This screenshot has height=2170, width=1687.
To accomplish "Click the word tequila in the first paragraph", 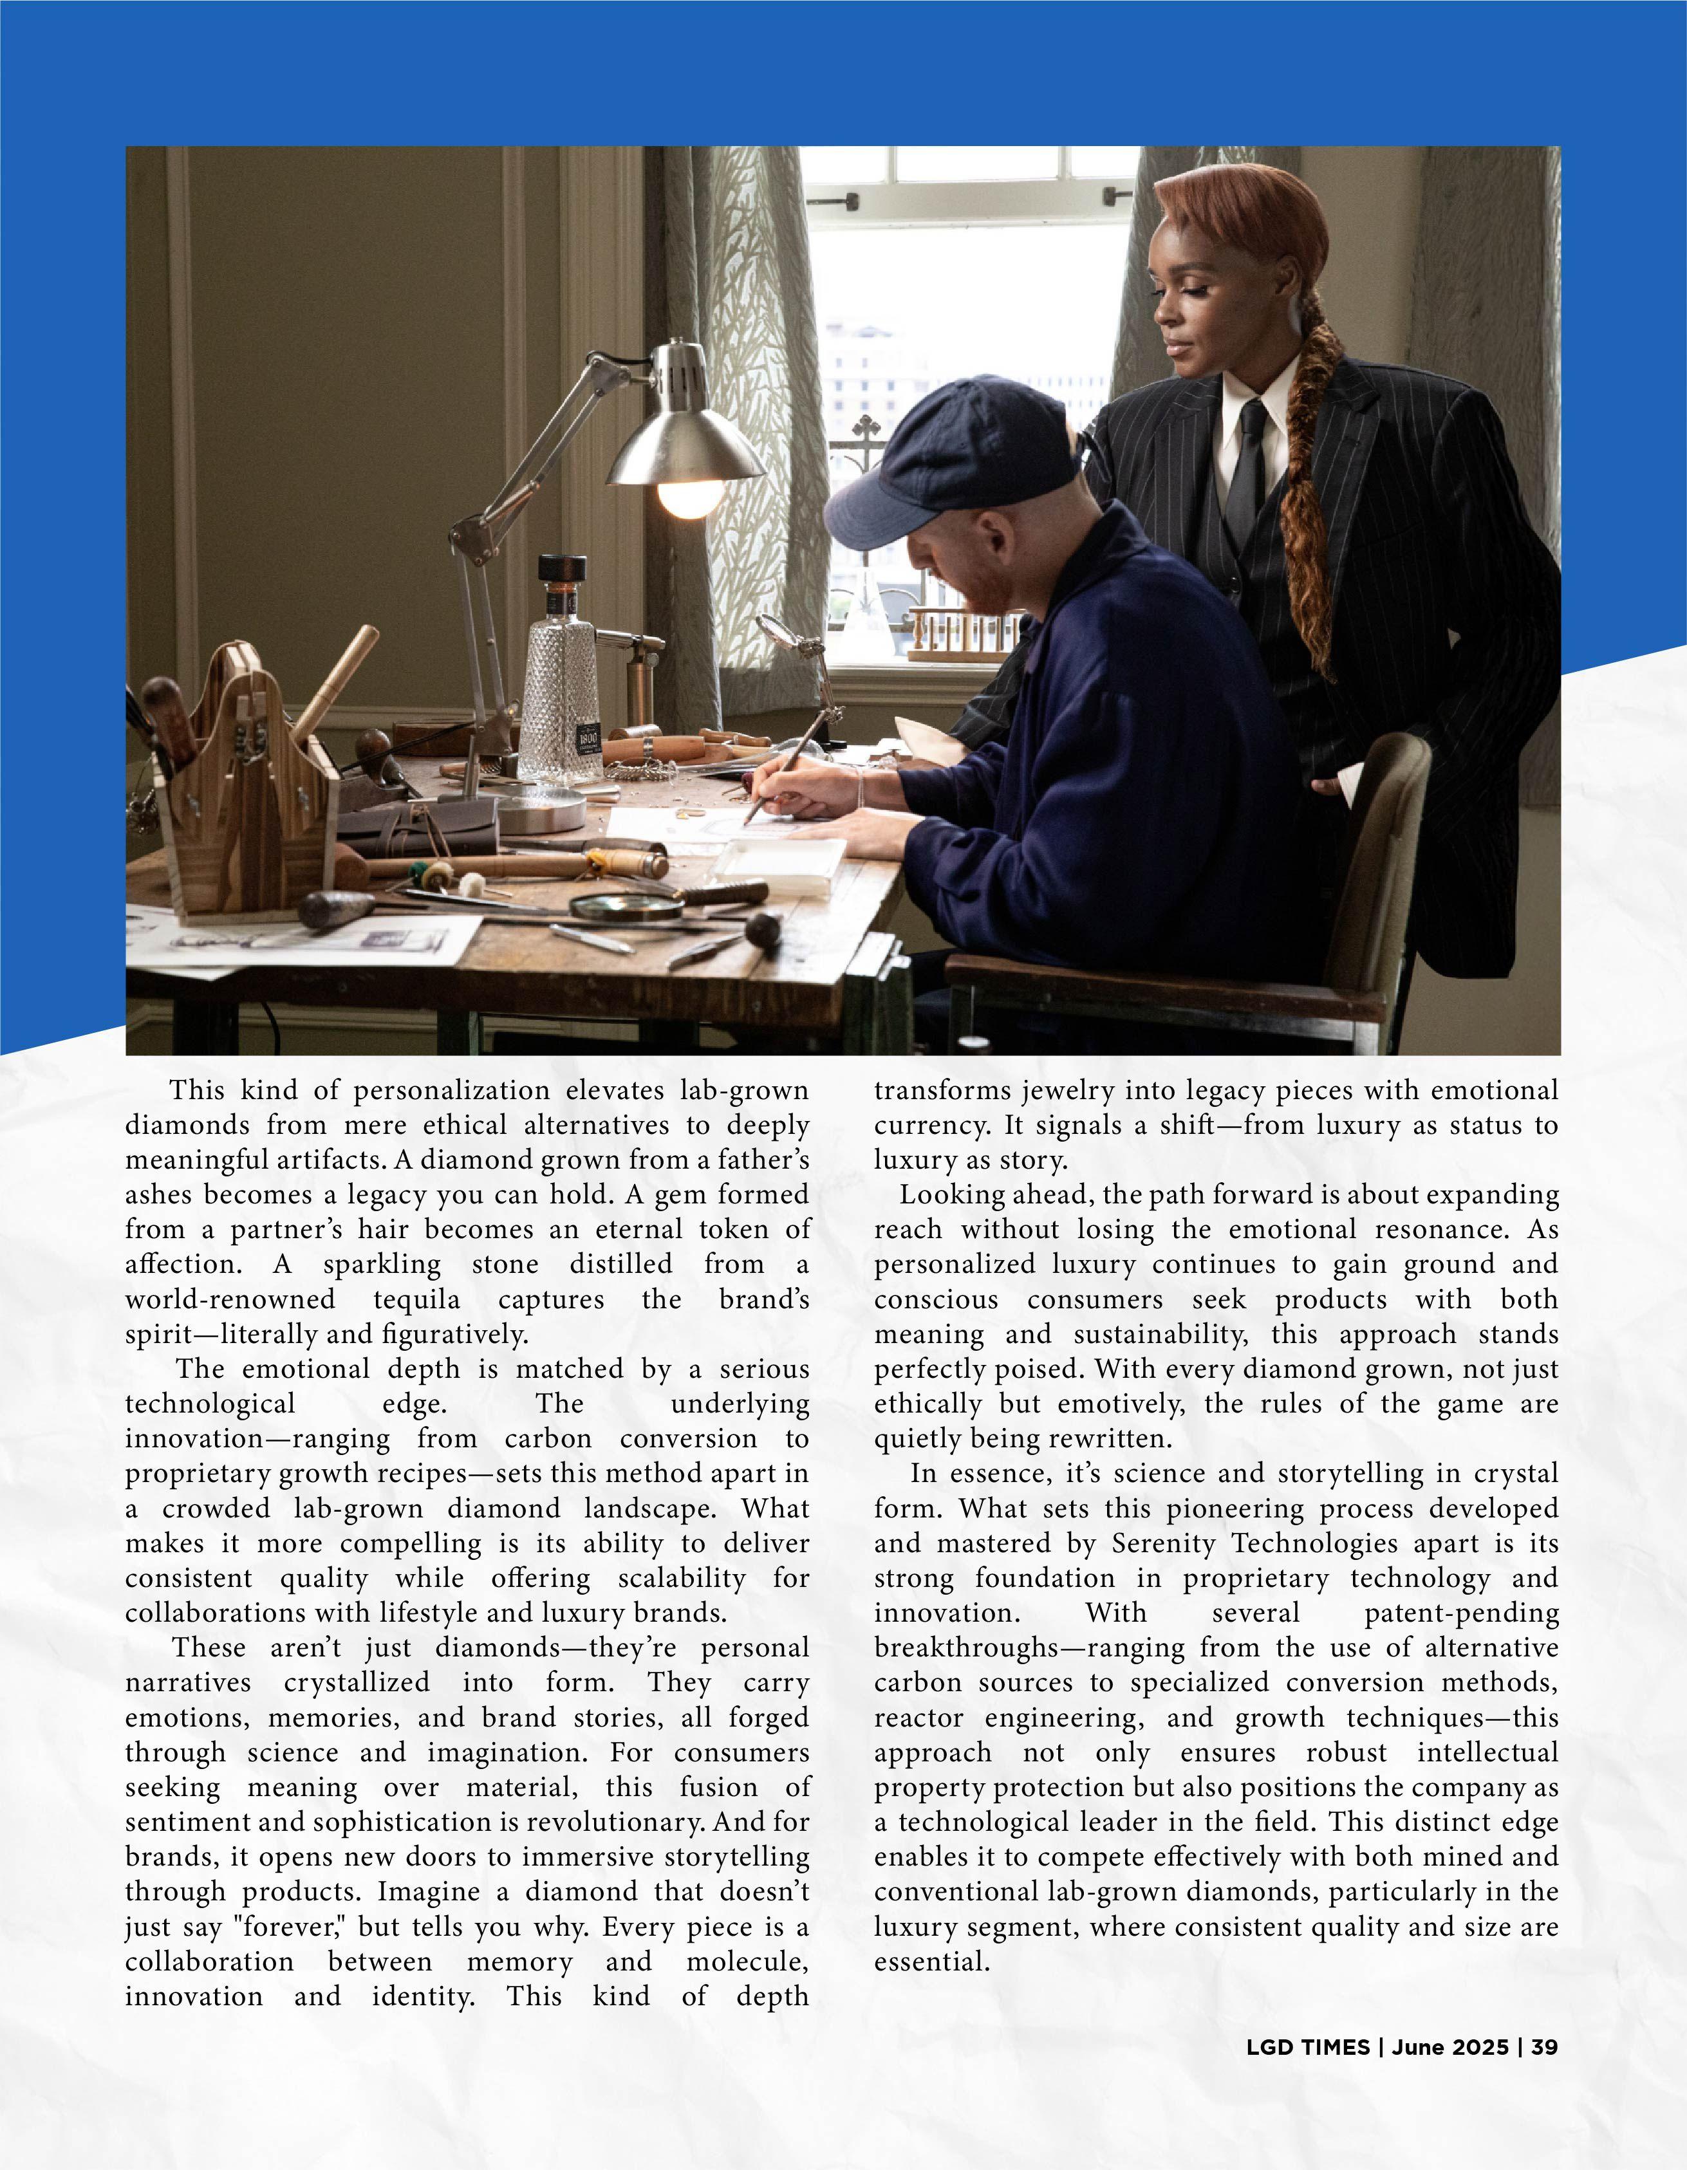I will pos(416,1299).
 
